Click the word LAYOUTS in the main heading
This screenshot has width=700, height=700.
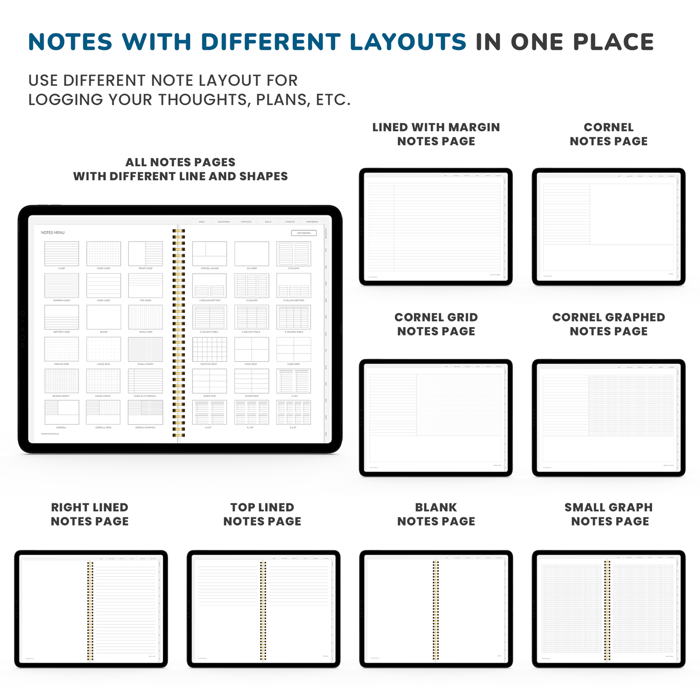tap(408, 42)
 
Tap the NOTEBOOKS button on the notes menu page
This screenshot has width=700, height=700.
tap(304, 233)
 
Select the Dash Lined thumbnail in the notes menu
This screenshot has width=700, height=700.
tap(104, 254)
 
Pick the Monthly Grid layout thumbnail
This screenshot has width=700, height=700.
tap(209, 349)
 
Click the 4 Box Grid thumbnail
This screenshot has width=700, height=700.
tap(251, 349)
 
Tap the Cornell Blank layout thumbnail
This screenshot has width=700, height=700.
tap(209, 254)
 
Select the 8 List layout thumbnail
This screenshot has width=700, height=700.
tap(294, 412)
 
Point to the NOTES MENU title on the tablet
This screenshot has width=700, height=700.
tap(53, 233)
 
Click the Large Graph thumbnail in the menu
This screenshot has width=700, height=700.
tap(104, 381)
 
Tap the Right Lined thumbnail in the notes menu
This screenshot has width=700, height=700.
tap(146, 254)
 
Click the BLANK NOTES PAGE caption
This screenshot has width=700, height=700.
tap(436, 514)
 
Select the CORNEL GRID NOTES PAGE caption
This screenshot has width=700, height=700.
tap(436, 324)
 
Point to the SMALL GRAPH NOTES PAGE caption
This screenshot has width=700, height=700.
tap(609, 514)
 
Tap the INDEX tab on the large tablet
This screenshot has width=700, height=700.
tap(202, 222)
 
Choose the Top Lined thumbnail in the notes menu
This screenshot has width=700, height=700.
tap(146, 286)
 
